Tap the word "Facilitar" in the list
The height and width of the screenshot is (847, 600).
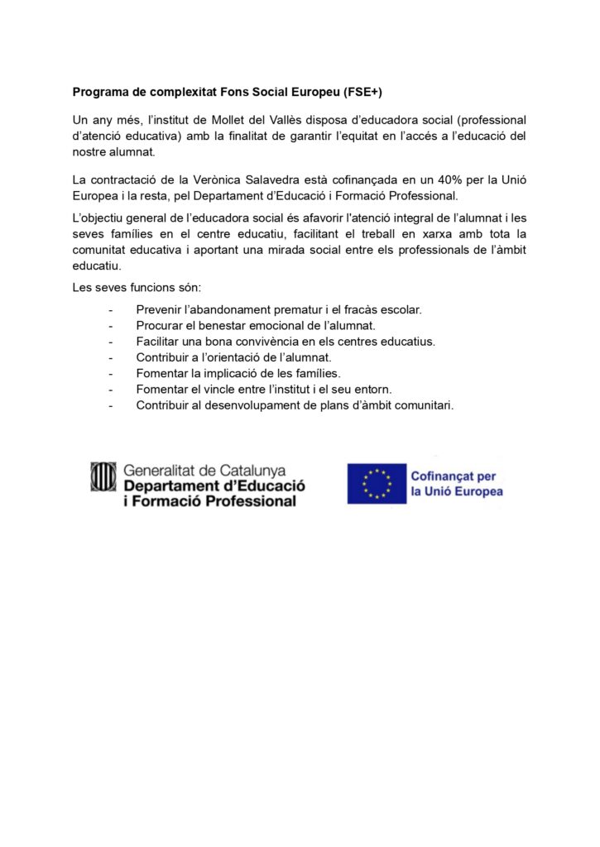click(x=160, y=341)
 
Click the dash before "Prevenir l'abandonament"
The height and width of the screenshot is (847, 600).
click(x=111, y=309)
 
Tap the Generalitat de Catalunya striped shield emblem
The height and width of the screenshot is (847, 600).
click(x=103, y=477)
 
